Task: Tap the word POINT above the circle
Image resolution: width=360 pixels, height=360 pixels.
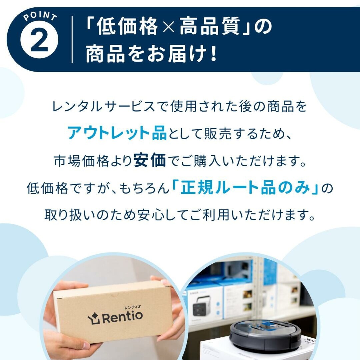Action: coord(39,17)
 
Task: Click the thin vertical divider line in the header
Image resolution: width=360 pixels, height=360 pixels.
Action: coord(72,39)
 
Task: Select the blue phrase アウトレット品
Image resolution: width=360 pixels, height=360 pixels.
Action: coord(117,133)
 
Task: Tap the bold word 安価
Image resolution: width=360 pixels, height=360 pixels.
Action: coord(150,161)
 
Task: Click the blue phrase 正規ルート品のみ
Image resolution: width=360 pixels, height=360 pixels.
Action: coord(245,188)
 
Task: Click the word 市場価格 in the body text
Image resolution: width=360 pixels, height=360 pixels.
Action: coord(82,161)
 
